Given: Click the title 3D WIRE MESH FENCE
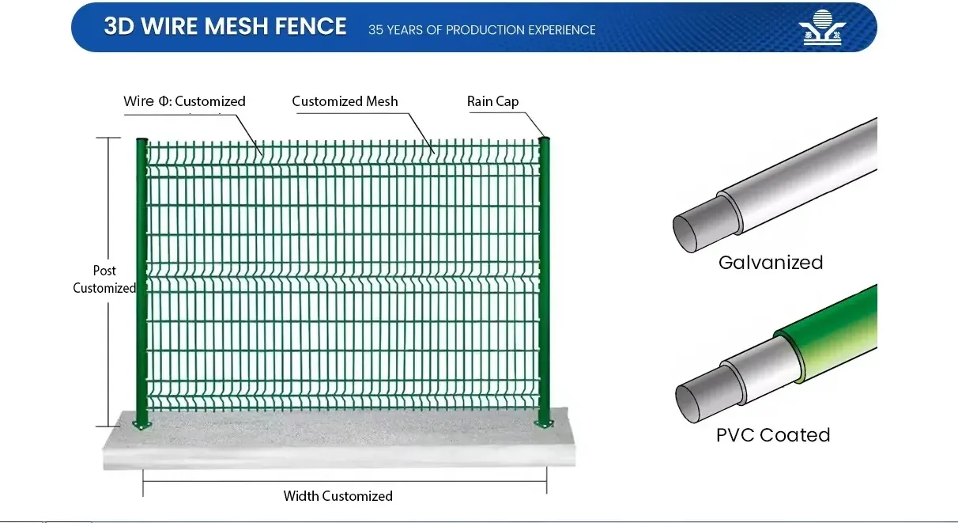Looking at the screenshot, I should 225,26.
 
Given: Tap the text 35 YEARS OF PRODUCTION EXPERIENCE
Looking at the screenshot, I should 481,30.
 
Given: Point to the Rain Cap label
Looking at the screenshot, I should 492,101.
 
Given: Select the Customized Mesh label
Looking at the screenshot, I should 345,101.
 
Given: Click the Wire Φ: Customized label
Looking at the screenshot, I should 184,101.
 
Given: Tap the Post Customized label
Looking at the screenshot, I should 104,280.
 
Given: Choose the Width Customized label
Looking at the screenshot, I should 338,496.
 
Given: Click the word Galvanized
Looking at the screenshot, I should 771,263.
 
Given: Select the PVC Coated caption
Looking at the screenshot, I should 773,435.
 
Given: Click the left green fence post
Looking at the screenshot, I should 141,277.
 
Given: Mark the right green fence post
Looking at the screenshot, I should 545,277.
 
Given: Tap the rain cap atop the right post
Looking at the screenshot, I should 545,140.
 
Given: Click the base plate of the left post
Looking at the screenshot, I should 141,426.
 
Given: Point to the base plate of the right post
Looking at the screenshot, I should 545,424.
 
